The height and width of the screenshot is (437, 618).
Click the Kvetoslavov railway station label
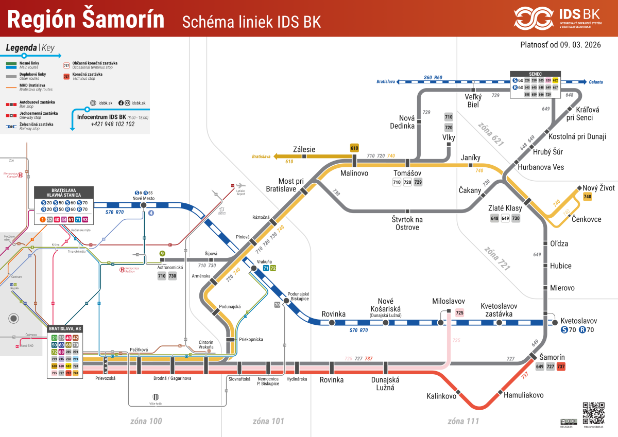[x=578, y=320]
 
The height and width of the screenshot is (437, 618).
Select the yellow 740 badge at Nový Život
[x=588, y=197]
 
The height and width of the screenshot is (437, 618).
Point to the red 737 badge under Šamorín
[x=561, y=367]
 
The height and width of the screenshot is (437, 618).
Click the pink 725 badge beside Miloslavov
[x=460, y=312]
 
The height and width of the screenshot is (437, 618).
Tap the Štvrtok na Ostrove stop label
[x=407, y=223]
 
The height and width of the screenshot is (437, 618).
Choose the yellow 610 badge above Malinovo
[x=354, y=148]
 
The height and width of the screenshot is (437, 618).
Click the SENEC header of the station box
[x=535, y=74]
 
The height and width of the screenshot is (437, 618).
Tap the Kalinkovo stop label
[x=441, y=396]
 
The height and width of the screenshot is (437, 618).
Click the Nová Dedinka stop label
[x=402, y=122]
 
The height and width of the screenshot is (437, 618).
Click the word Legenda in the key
[x=21, y=48]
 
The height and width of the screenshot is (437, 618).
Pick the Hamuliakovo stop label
[x=520, y=395]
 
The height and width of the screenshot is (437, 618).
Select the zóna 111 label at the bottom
[x=463, y=421]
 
